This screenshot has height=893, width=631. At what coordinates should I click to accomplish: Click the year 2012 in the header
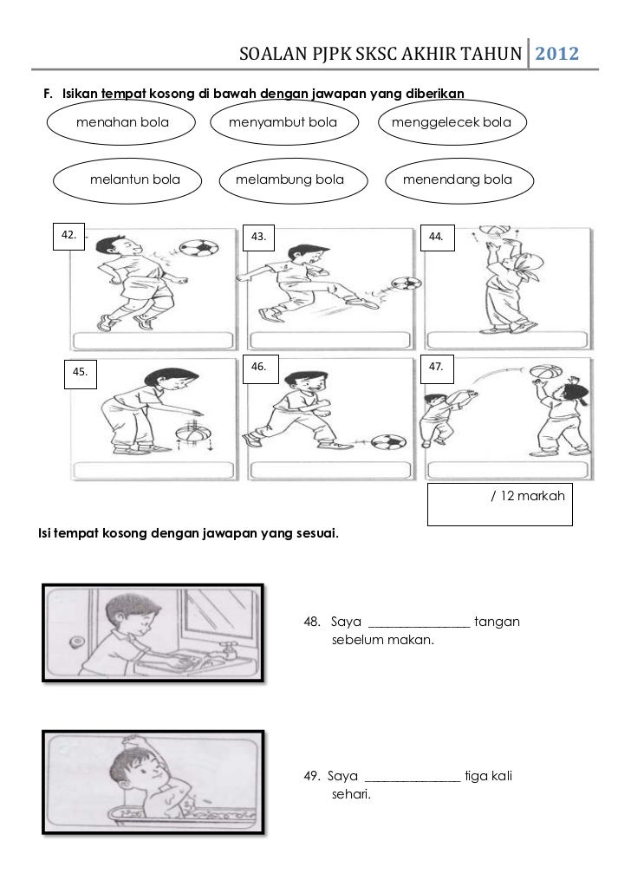(556, 54)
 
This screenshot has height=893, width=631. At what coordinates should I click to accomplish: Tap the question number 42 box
(69, 236)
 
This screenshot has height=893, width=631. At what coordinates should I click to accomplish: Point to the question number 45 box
(81, 373)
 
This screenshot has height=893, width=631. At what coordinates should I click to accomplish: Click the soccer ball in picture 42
(198, 248)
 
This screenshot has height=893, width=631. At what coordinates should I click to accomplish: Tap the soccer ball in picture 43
(406, 283)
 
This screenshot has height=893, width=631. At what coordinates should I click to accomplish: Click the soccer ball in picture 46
(388, 442)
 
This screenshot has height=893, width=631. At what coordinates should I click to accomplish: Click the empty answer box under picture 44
(507, 340)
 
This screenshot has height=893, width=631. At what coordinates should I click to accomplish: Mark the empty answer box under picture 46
(330, 470)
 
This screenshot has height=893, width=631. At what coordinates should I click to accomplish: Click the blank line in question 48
(420, 627)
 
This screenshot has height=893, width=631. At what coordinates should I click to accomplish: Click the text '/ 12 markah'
(528, 496)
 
